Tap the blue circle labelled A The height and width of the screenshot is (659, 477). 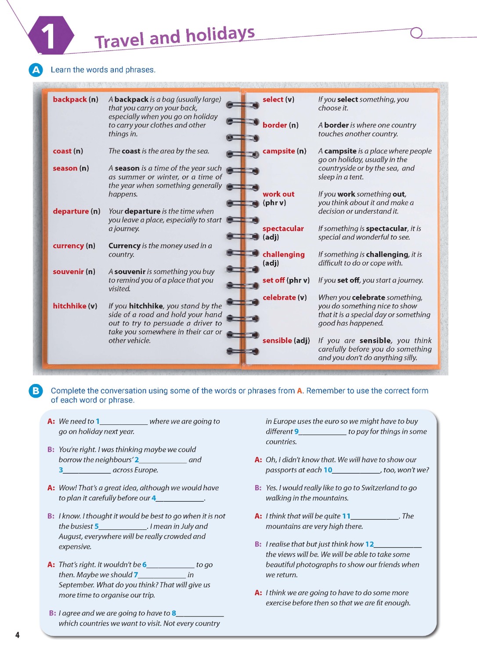point(36,70)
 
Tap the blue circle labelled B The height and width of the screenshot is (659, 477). point(36,391)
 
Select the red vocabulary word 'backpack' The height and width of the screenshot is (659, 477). point(70,99)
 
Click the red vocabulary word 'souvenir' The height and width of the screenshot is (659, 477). point(68,272)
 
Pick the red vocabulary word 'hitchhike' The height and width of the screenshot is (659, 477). point(69,306)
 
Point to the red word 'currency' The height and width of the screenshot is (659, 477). point(68,246)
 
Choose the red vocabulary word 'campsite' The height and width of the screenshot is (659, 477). point(278,151)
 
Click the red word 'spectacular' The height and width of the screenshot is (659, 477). point(283,228)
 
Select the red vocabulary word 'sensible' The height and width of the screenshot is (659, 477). point(277,340)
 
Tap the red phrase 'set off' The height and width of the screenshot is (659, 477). point(274,280)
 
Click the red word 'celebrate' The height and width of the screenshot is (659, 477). point(279,297)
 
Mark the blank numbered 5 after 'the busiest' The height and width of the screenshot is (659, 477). point(123,527)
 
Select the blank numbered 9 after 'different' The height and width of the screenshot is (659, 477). point(323,432)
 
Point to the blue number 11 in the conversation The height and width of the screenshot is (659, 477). point(346,516)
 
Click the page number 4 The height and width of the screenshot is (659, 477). point(18,635)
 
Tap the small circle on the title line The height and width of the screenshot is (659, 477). point(416,33)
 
